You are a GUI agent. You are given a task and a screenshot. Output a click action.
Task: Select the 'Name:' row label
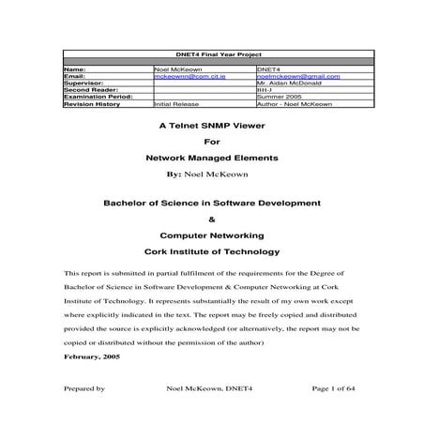coord(74,69)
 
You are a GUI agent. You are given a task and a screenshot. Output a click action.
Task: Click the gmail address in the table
coord(297,76)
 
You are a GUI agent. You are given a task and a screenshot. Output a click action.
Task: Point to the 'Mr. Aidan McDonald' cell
coord(288,83)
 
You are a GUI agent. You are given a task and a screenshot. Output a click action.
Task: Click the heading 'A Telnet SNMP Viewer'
coord(211,124)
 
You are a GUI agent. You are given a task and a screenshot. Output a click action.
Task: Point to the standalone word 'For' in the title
coord(211,141)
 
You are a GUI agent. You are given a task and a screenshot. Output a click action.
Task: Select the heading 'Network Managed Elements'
coord(211,159)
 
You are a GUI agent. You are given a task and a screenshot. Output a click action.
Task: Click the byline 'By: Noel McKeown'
coord(211,174)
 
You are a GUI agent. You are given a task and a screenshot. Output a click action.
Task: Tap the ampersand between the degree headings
coord(211,219)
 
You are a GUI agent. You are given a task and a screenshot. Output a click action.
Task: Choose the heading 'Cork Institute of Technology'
coord(211,251)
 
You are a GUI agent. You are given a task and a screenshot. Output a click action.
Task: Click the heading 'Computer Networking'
coord(211,235)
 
